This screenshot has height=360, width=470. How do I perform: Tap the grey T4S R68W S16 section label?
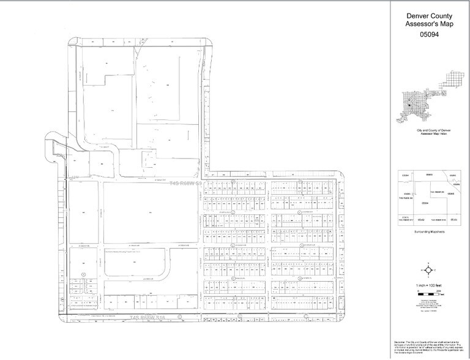tap(149, 317)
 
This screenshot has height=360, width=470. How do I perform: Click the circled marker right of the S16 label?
tap(179, 317)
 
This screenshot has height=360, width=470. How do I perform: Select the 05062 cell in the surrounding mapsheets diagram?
tap(405, 175)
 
